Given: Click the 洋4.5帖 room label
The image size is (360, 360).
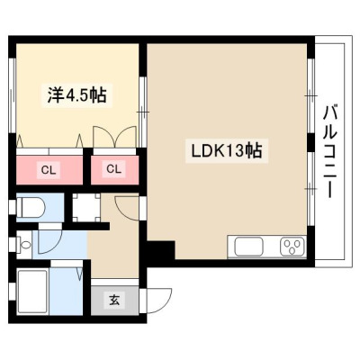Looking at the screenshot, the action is tap(76, 94).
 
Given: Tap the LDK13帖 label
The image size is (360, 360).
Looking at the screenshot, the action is tap(227, 150).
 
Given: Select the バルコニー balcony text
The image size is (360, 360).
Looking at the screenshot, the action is tap(329, 151).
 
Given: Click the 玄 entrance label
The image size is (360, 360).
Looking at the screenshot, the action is tap(114, 300).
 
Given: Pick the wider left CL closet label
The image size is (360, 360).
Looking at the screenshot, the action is tap(49, 170).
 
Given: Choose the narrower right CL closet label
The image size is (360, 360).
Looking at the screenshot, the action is tap(113, 169).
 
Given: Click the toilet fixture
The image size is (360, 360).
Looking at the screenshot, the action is tap(31, 207).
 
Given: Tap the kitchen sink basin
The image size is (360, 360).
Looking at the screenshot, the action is tap(249, 247).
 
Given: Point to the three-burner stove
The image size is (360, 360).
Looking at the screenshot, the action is tap(292, 247).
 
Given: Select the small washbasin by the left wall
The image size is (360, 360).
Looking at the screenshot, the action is tap(24, 245).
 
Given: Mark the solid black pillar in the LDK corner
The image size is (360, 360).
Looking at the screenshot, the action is tap(160, 249).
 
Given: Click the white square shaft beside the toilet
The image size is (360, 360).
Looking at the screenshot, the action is tap(86, 208).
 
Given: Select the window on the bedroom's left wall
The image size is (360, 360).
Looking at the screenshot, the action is tap(13, 94).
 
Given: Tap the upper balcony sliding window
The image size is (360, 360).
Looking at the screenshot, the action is tap(310, 96).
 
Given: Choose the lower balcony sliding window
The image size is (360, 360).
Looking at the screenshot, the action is tap(310, 189).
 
